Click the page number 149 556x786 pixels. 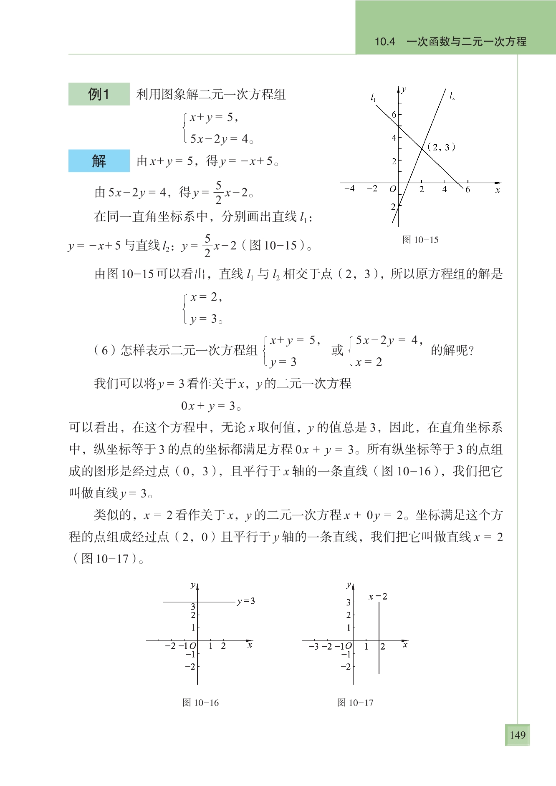click(517, 735)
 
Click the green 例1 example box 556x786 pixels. click(99, 94)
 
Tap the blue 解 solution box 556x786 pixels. click(99, 161)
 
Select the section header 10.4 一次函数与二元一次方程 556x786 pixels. click(450, 41)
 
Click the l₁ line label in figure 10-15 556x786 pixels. click(373, 98)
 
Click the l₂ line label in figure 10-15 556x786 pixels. click(452, 96)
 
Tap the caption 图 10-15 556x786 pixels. click(420, 240)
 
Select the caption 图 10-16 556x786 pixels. click(200, 703)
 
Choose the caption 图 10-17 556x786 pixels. click(355, 703)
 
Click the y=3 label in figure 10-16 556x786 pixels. click(246, 601)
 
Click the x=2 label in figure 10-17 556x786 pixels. click(378, 597)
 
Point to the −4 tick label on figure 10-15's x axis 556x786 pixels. click(349, 188)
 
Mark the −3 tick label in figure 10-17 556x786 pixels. click(313, 646)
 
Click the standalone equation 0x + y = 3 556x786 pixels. click(211, 406)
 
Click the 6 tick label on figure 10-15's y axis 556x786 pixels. click(394, 115)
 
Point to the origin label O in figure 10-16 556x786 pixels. click(192, 646)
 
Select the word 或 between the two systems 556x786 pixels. click(337, 350)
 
